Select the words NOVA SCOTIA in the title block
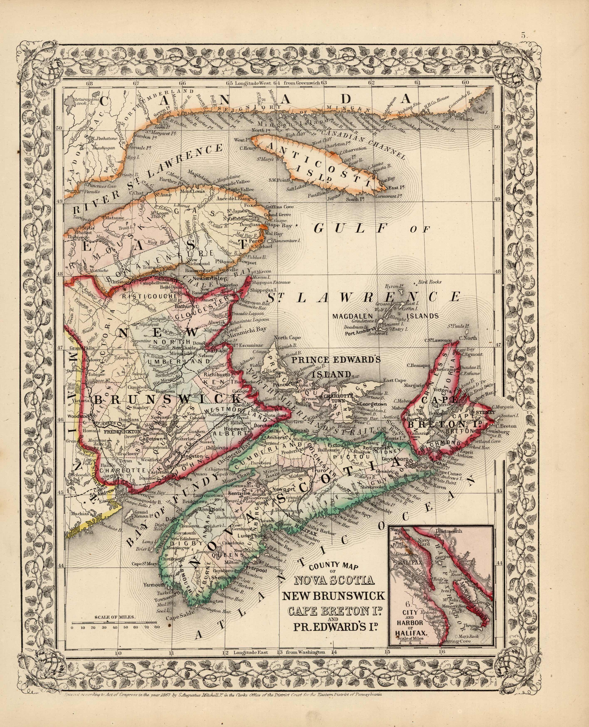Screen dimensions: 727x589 point(334,580)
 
